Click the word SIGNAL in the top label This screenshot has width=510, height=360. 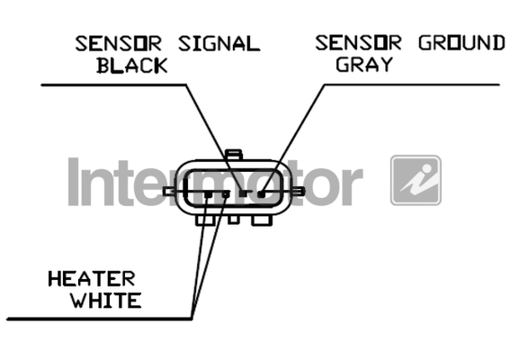click(x=219, y=44)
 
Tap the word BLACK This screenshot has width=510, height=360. click(x=132, y=66)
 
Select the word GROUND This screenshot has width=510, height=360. click(x=461, y=42)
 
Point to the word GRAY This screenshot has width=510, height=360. click(x=364, y=64)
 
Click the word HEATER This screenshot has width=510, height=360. click(x=92, y=279)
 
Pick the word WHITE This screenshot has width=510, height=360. click(x=106, y=300)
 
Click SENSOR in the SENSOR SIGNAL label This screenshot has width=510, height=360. click(x=119, y=44)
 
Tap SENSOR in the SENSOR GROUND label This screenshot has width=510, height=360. click(x=358, y=42)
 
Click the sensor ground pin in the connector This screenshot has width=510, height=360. click(x=261, y=194)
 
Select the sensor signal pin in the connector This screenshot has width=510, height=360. click(x=243, y=193)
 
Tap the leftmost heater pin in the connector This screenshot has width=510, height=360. click(x=209, y=194)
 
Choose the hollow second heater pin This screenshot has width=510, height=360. click(x=226, y=194)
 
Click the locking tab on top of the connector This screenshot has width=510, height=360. click(x=234, y=155)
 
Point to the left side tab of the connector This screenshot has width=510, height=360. click(x=169, y=192)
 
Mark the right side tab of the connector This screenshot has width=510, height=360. click(x=300, y=192)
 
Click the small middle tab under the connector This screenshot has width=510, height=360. click(x=233, y=220)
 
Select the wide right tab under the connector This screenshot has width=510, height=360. click(x=262, y=220)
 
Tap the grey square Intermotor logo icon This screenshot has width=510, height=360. click(x=416, y=180)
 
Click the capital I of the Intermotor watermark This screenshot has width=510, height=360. click(x=74, y=182)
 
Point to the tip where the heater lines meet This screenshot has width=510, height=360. click(x=192, y=319)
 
